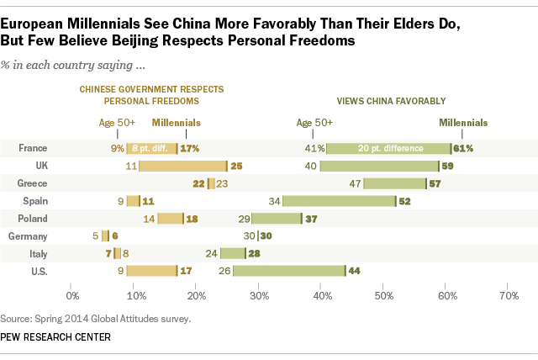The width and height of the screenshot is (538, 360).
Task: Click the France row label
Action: pyautogui.click(x=32, y=148)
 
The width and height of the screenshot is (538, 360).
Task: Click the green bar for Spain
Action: pyautogui.click(x=339, y=201)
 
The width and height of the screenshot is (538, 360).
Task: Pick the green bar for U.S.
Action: pyautogui.click(x=288, y=271)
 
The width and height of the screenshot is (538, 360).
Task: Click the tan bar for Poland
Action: pyautogui.click(x=170, y=219)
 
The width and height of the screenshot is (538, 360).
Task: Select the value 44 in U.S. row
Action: pyautogui.click(x=356, y=271)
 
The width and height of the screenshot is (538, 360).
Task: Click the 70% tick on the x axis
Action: pyautogui.click(x=509, y=296)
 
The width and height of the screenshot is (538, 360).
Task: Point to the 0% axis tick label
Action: pyautogui.click(x=72, y=296)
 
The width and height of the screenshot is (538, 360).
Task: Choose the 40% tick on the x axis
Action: pyautogui.click(x=322, y=296)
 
